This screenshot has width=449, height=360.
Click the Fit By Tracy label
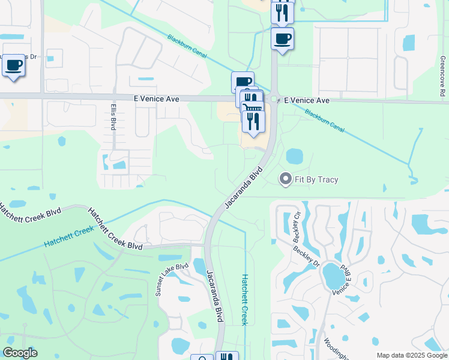click(316, 179)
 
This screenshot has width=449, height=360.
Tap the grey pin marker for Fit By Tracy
click(286, 179)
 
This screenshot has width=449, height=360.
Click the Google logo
click(20, 353)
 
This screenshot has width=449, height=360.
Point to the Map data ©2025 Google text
click(411, 355)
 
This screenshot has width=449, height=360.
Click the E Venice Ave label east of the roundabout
click(307, 100)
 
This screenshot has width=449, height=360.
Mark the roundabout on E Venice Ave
click(274, 99)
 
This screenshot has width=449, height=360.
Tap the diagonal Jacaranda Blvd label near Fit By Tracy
click(244, 187)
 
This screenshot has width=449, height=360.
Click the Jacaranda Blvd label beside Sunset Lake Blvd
click(214, 288)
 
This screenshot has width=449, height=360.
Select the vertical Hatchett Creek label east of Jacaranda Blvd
click(244, 299)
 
